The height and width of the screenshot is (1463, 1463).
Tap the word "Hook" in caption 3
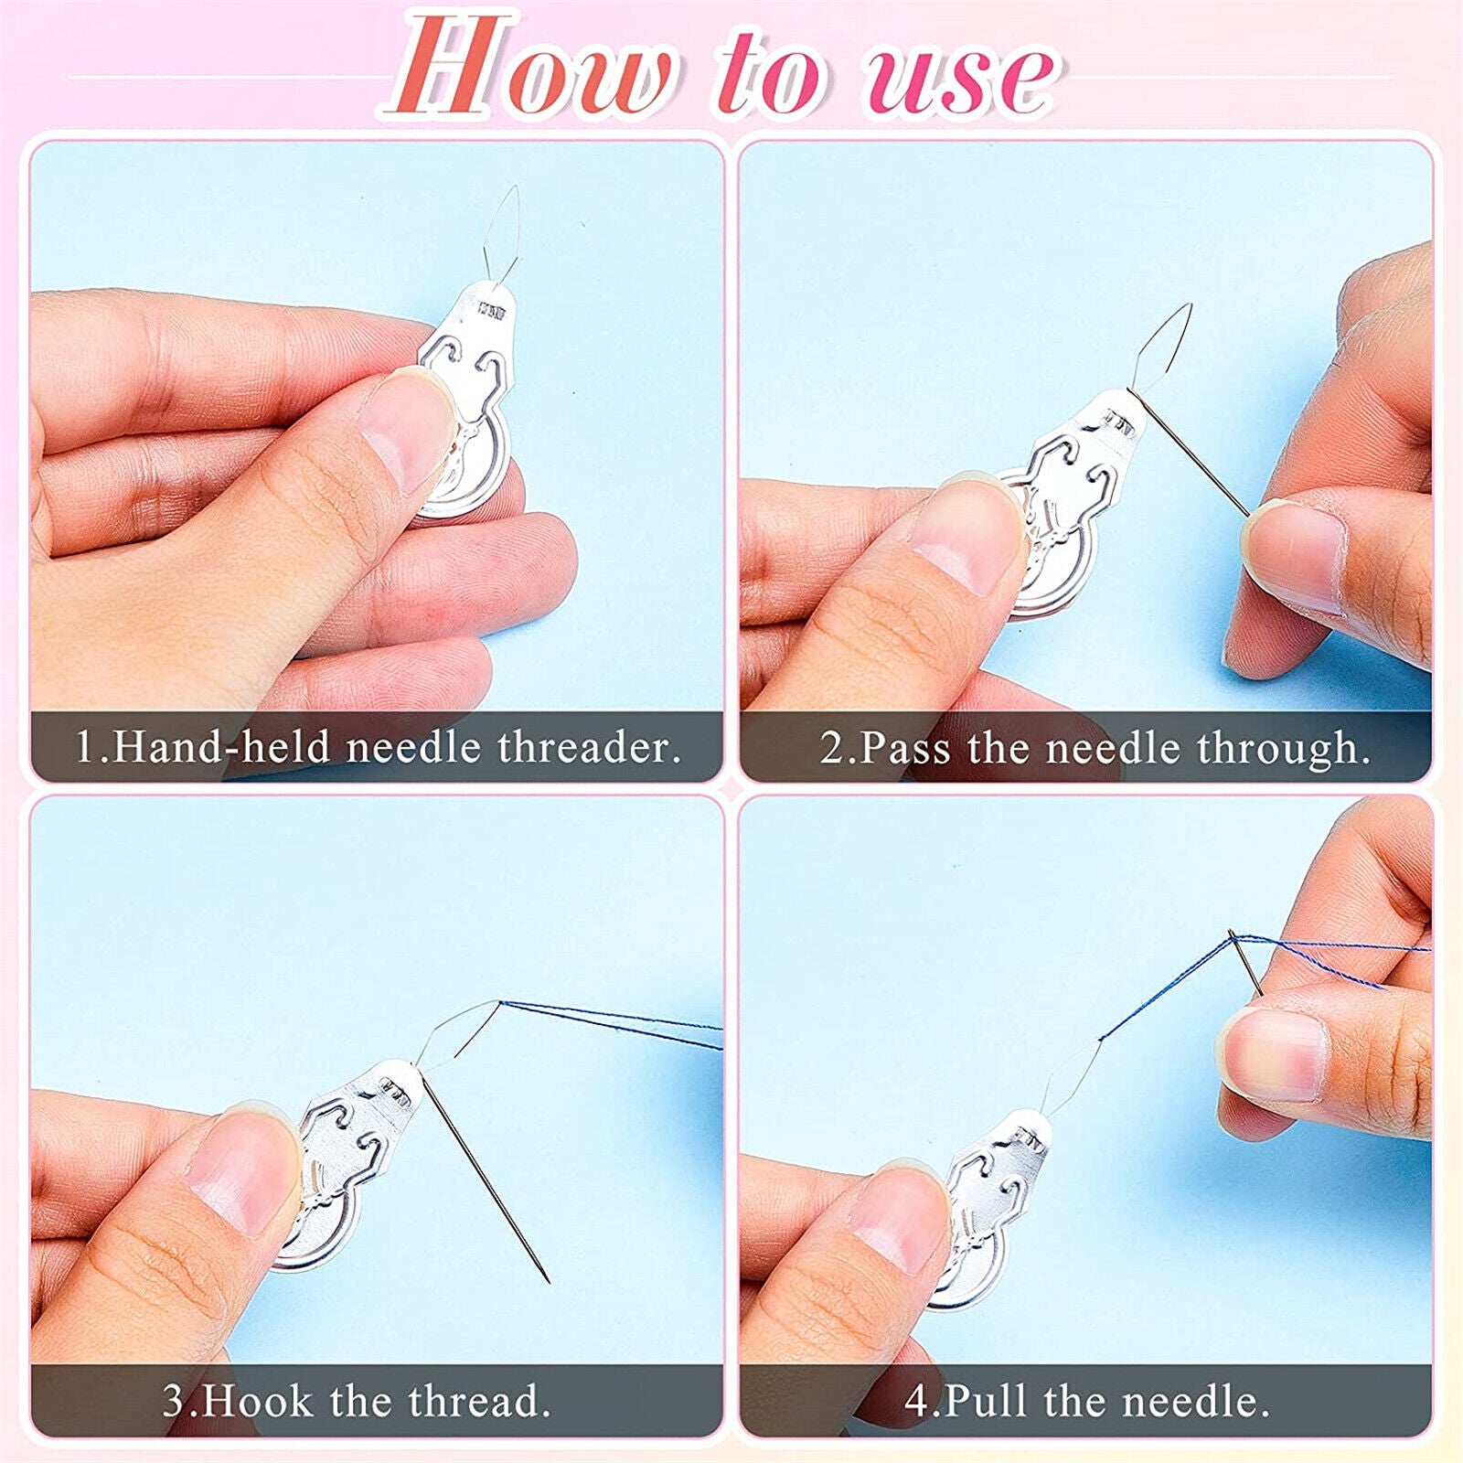point(259,1401)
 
